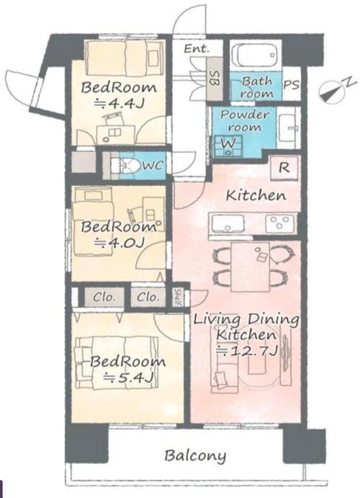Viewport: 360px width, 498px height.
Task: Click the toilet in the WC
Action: (x=126, y=166)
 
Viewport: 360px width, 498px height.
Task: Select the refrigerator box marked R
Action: (x=284, y=168)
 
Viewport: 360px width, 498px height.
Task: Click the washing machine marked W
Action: (x=228, y=146)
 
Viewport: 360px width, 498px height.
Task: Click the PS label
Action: (x=291, y=85)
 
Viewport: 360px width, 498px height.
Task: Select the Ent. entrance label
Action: (x=197, y=48)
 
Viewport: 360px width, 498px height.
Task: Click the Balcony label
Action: (x=195, y=455)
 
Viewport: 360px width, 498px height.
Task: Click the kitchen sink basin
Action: (x=228, y=223)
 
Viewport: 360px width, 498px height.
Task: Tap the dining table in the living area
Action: (x=250, y=267)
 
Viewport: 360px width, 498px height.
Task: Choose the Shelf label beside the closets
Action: (x=178, y=298)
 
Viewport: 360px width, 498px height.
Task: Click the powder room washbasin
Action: (x=288, y=128)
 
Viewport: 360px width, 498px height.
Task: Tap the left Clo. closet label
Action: (x=104, y=298)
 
